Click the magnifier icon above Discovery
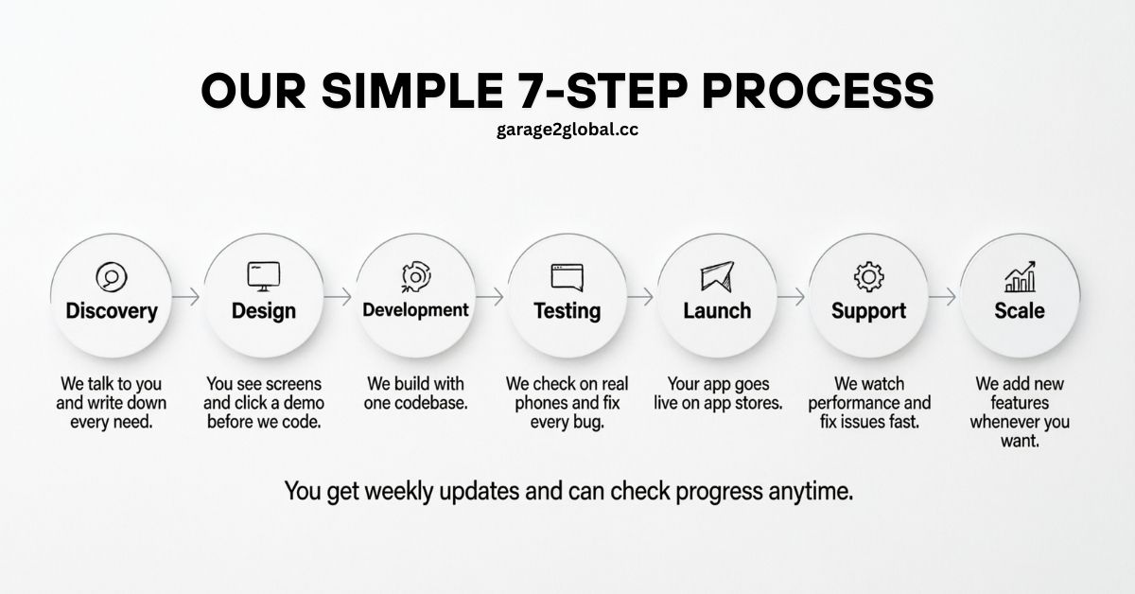[x=112, y=277]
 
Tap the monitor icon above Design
[x=264, y=275]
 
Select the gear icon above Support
[x=868, y=277]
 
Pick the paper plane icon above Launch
[x=717, y=277]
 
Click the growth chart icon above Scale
[x=1020, y=276]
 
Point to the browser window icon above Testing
[x=567, y=277]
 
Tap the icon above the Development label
[x=415, y=276]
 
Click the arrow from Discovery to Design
[x=187, y=297]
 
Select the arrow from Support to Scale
[x=943, y=297]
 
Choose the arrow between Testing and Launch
[x=640, y=297]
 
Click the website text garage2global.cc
[x=567, y=130]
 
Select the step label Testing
[x=567, y=310]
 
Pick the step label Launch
[x=717, y=310]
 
